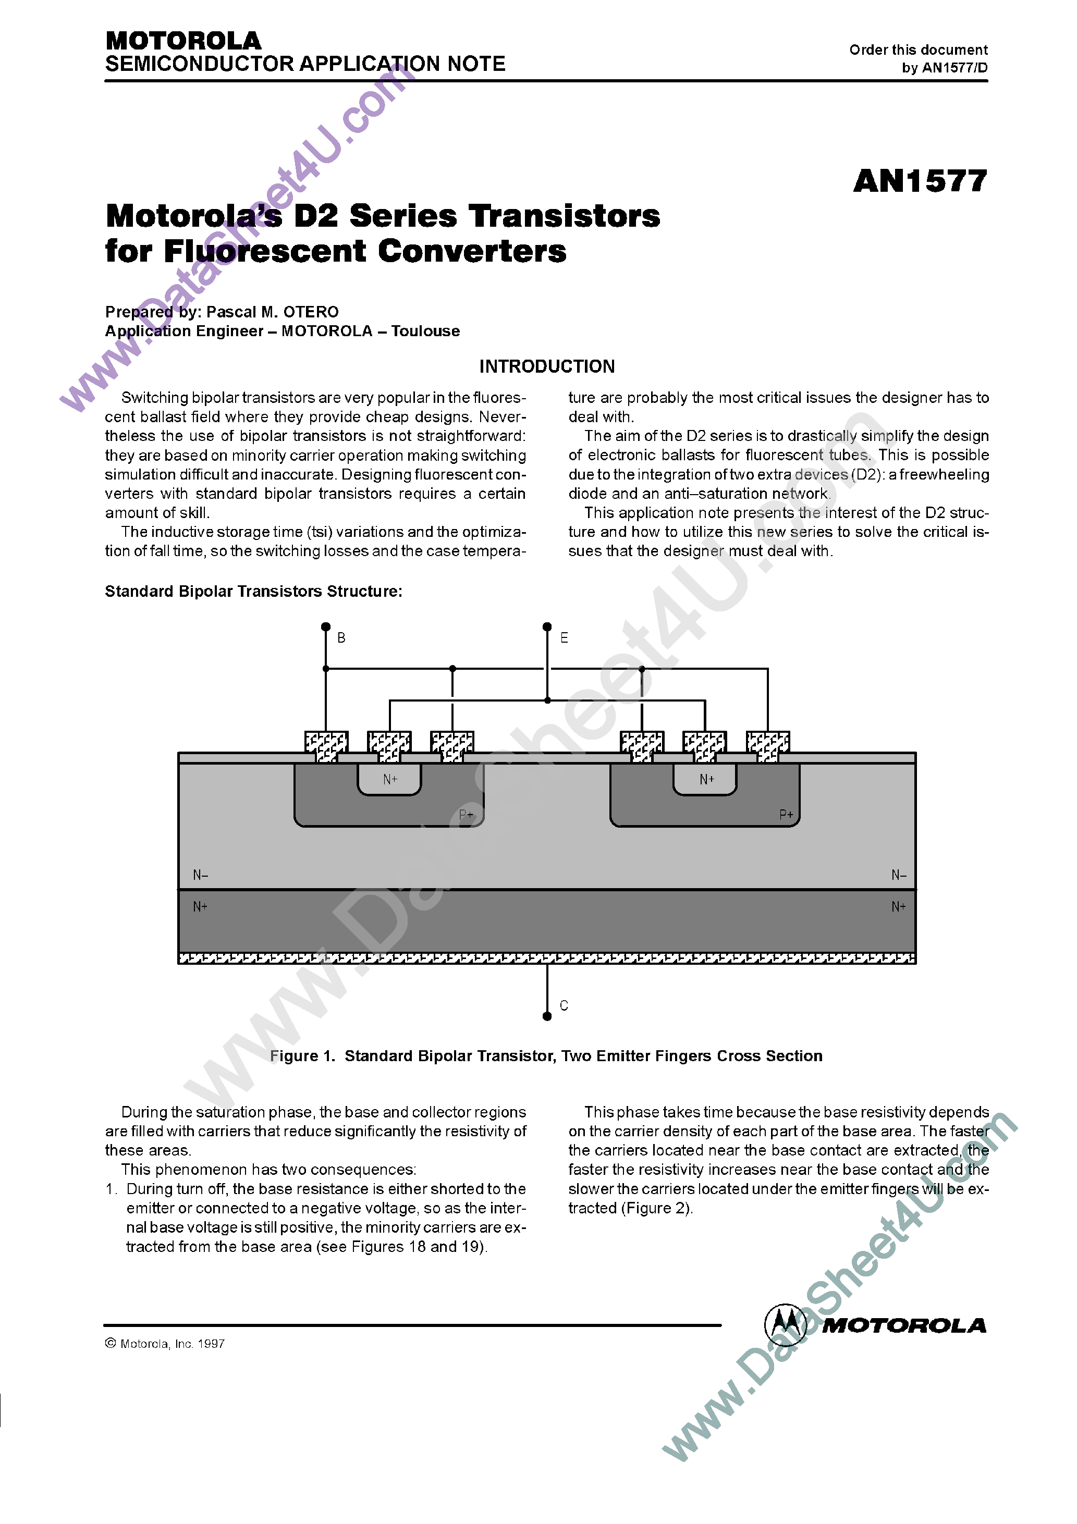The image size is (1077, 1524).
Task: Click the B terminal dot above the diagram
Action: click(325, 626)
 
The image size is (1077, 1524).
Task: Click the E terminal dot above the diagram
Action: click(547, 626)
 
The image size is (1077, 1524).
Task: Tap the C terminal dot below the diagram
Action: click(547, 1016)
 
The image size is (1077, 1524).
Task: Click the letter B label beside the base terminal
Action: click(341, 638)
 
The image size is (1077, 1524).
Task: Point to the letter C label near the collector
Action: click(564, 1005)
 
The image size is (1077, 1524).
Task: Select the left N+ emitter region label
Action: click(390, 779)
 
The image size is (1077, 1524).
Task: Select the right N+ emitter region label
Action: click(706, 779)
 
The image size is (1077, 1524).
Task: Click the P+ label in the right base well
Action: click(786, 815)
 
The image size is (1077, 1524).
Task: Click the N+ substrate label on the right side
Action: click(898, 907)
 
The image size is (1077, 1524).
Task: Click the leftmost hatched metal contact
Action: click(326, 746)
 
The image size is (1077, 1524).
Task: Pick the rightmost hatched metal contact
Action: click(767, 746)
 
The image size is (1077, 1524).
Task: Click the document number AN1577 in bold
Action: click(920, 181)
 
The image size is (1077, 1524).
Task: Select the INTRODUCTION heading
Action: click(547, 366)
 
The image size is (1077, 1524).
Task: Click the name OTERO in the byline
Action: click(311, 312)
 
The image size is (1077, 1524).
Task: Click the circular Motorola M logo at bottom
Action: click(786, 1325)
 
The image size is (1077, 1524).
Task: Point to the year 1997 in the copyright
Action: click(211, 1344)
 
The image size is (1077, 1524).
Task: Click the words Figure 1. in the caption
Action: click(303, 1055)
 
